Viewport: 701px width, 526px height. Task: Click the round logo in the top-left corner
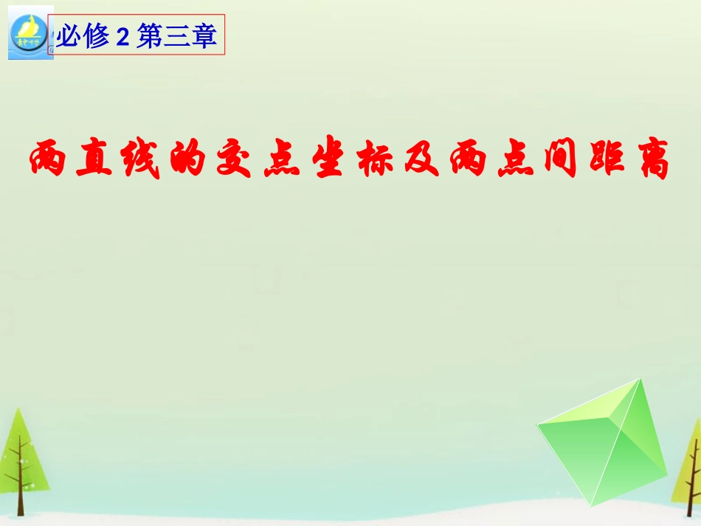click(28, 33)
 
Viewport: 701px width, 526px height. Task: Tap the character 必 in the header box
click(70, 36)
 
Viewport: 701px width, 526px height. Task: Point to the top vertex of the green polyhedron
click(641, 379)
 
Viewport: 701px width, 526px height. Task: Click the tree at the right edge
click(692, 465)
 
